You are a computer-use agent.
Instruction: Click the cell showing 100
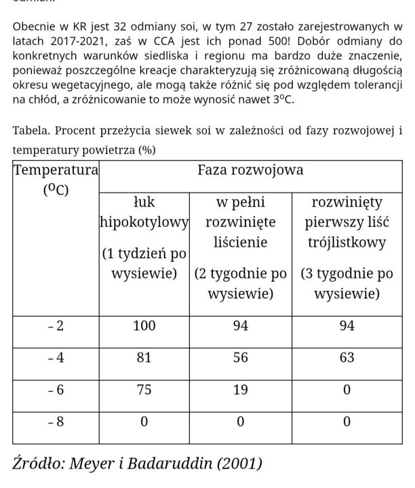point(144,326)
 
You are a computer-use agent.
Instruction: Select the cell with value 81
point(144,358)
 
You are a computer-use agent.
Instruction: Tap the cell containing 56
point(241,358)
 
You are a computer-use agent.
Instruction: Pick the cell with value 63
point(347,358)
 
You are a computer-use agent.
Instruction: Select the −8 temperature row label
point(56,421)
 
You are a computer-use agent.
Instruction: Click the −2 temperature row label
point(56,326)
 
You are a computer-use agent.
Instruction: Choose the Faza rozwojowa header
point(250,170)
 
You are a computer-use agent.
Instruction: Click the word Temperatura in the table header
point(56,170)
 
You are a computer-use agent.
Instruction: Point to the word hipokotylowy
point(144,222)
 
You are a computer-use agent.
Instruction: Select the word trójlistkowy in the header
point(347,242)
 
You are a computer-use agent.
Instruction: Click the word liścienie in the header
point(241,242)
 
